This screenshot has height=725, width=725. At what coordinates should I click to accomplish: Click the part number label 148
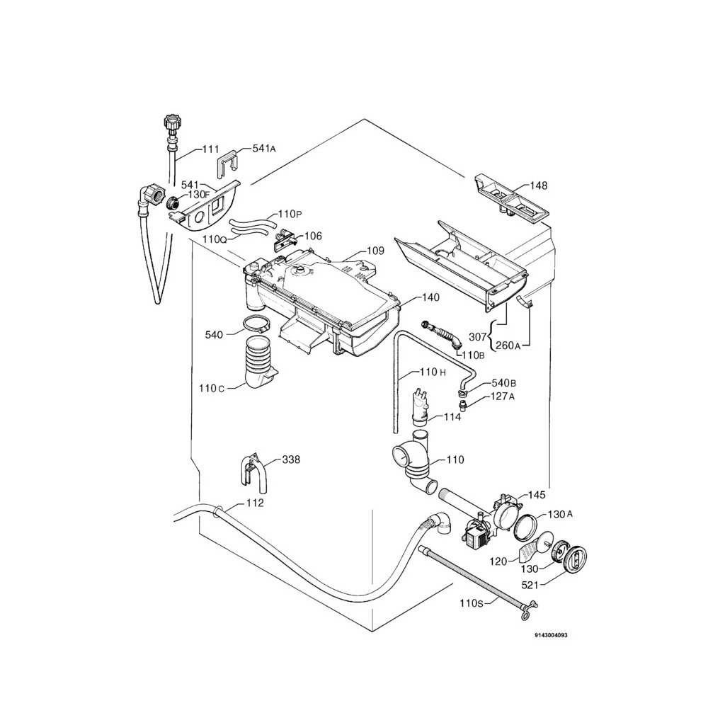click(539, 185)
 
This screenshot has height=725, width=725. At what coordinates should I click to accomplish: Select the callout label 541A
click(263, 149)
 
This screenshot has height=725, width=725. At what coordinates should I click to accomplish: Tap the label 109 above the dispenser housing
click(375, 251)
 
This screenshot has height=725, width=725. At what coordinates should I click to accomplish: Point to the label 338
click(291, 459)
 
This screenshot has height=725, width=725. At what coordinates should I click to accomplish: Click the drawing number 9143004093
click(551, 635)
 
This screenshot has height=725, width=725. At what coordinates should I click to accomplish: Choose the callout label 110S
click(472, 604)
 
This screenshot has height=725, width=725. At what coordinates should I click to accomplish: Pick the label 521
click(534, 584)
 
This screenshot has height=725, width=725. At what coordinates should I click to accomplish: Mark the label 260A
click(508, 346)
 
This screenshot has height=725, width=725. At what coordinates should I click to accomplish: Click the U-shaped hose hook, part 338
click(253, 472)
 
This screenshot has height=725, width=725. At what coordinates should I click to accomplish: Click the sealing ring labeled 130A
click(525, 527)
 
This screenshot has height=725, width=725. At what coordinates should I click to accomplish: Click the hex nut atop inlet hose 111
click(170, 120)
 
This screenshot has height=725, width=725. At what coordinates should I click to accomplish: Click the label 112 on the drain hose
click(255, 503)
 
